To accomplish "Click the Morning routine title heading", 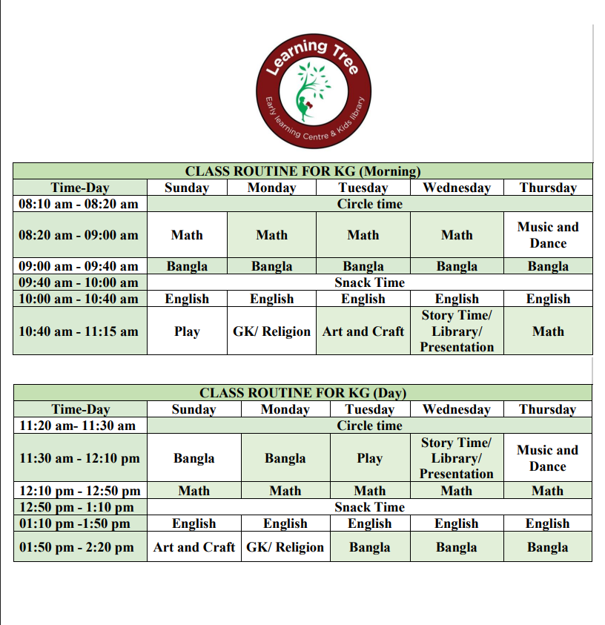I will coord(302,171).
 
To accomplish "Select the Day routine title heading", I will coord(302,393).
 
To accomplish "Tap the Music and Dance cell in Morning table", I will coord(548,235).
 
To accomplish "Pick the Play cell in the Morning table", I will coord(187,331).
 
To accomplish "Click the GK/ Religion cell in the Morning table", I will coord(271,331).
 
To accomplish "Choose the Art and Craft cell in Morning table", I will coord(363,331).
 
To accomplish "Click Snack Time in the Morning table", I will coord(369,282).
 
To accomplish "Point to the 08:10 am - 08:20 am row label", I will coord(79,204).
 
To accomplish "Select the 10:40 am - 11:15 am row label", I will coord(79,331).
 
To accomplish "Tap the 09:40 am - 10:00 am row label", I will coord(79,282).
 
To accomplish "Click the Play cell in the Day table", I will coord(369,458).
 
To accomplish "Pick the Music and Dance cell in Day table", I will coord(547,458).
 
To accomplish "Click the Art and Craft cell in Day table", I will coord(194,547).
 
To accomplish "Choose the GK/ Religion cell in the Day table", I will coord(285,547).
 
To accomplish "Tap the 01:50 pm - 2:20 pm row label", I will coord(77,547).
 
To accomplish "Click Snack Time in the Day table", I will coord(369,507).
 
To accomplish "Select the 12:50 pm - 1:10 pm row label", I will coord(77,507).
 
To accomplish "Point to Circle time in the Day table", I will coord(369,426).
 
